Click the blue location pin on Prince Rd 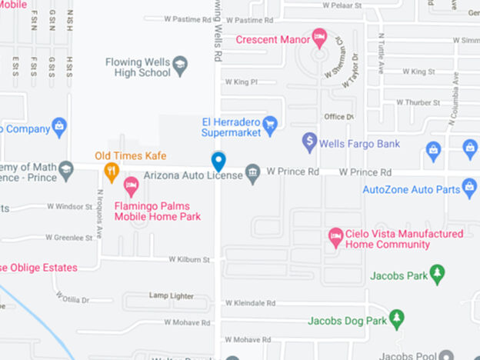(x=218, y=161)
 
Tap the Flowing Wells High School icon (x=181, y=62)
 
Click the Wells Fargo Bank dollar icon (x=309, y=141)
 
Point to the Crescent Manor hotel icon (x=319, y=36)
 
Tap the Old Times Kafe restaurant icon (x=112, y=172)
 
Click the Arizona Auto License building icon (x=253, y=174)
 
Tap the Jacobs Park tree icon (x=437, y=273)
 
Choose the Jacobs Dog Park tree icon (x=396, y=317)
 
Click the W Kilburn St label (x=190, y=260)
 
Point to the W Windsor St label (x=69, y=206)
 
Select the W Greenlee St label (x=68, y=238)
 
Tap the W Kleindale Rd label (x=249, y=304)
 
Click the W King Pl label (x=241, y=82)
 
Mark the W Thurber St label (x=418, y=102)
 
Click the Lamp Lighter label (x=172, y=295)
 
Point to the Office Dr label (x=338, y=116)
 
